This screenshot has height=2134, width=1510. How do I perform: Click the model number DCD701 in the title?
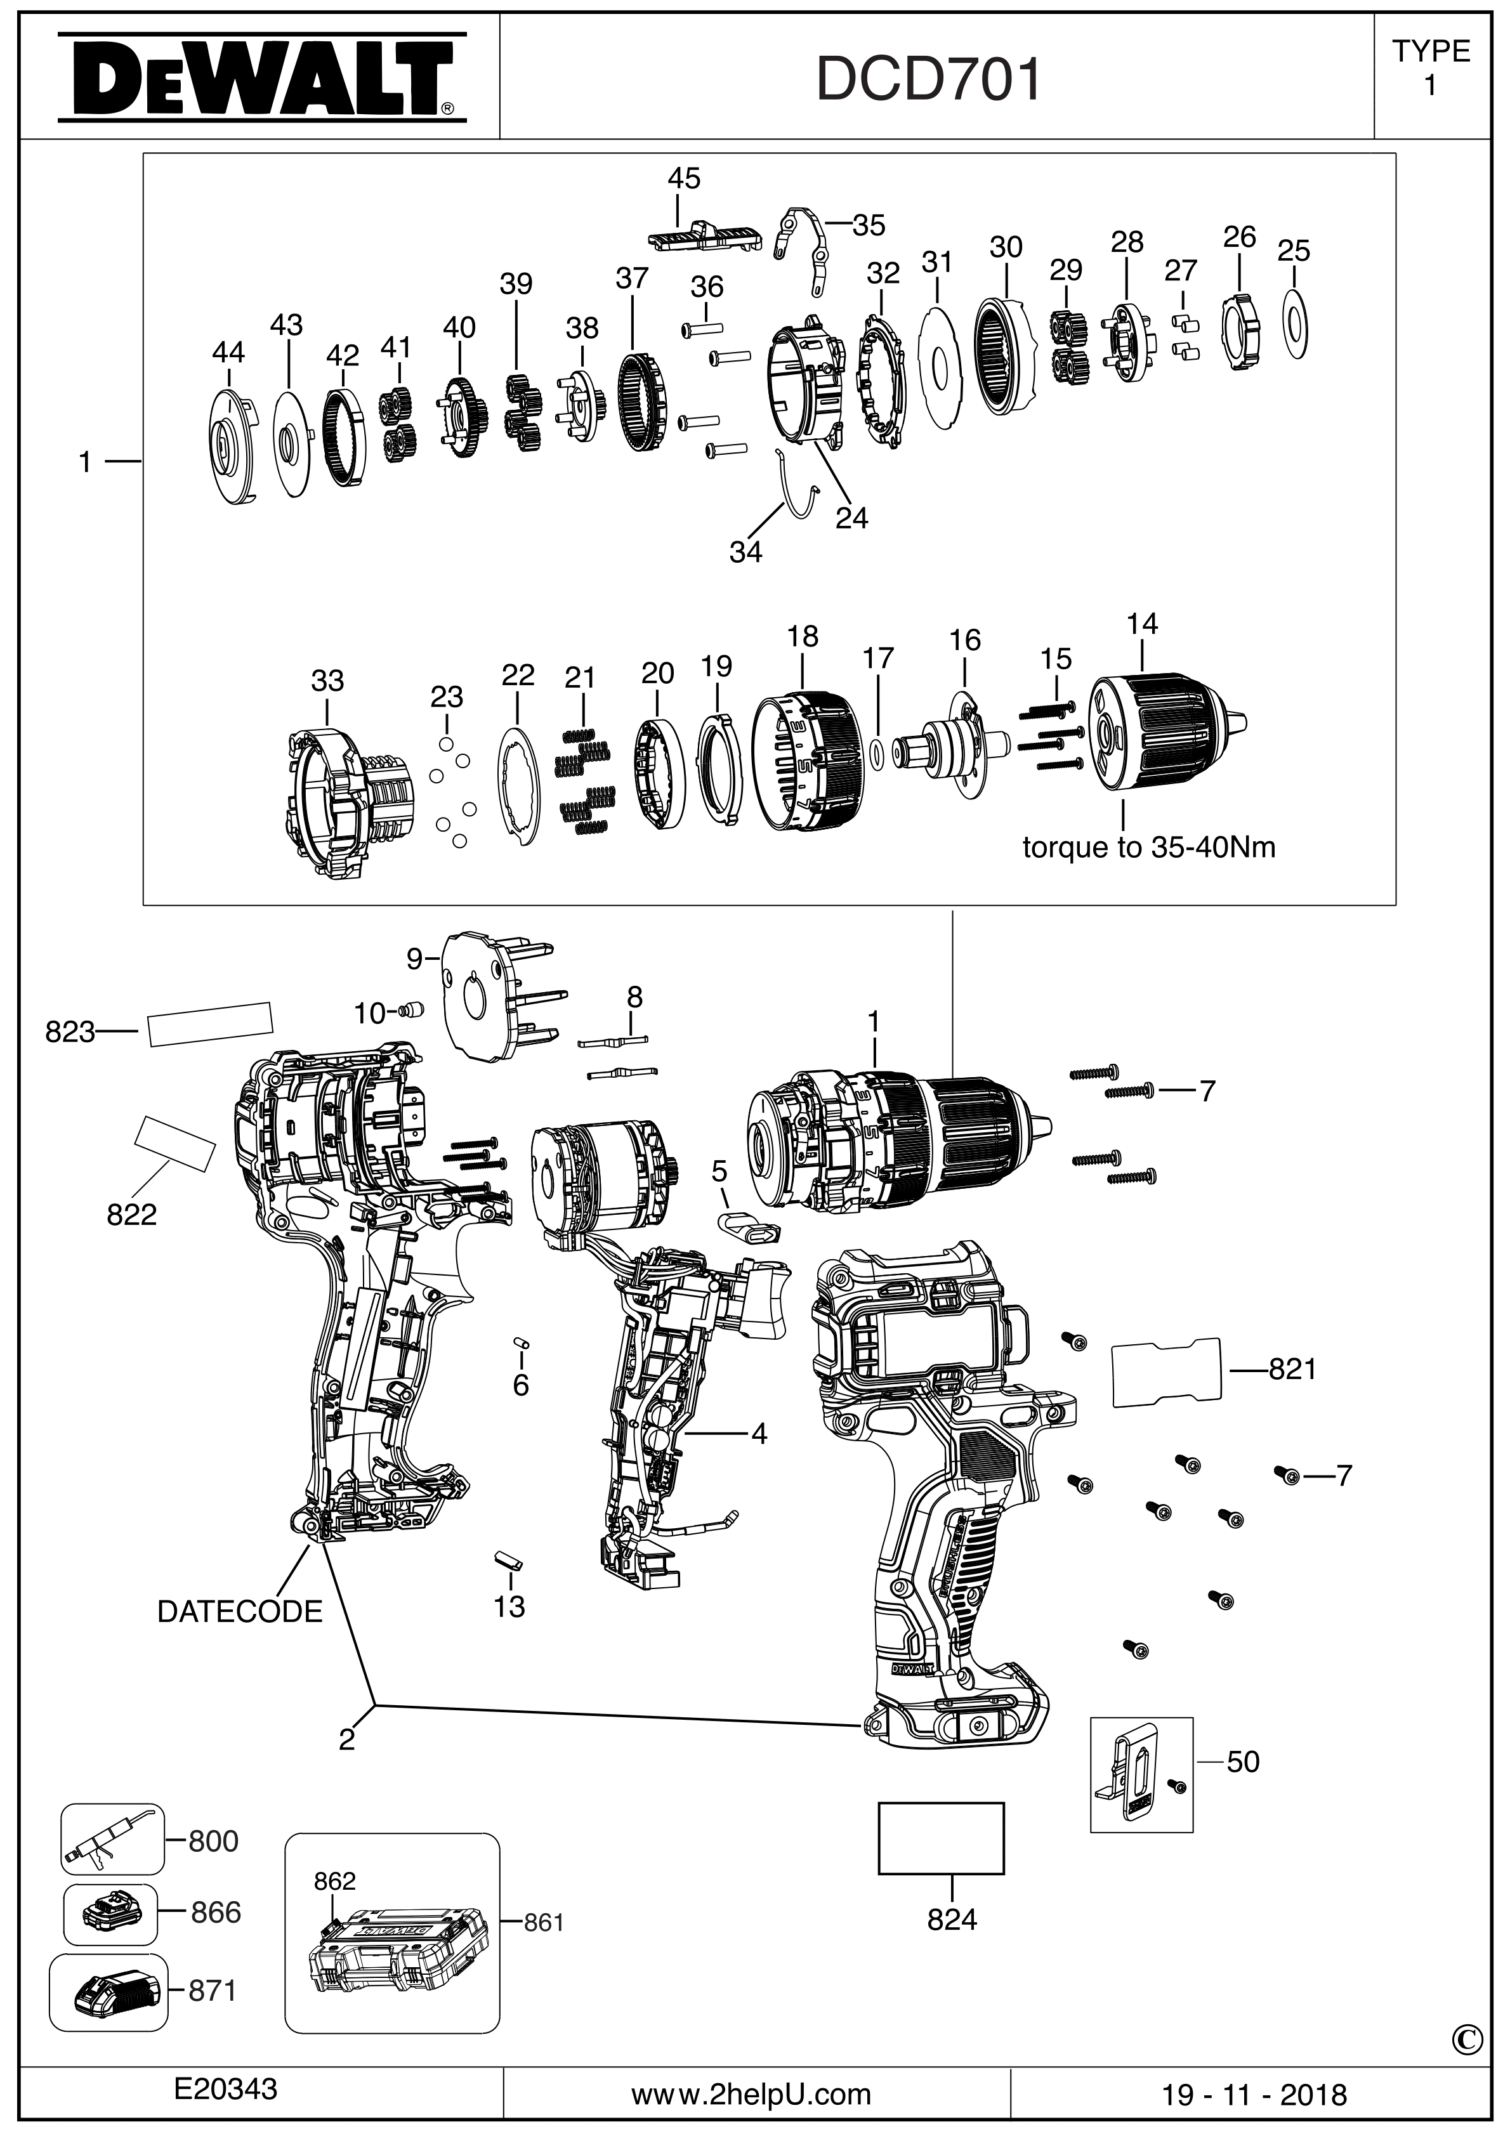[x=928, y=80]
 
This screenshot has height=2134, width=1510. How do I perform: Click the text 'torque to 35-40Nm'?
[x=1148, y=847]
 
